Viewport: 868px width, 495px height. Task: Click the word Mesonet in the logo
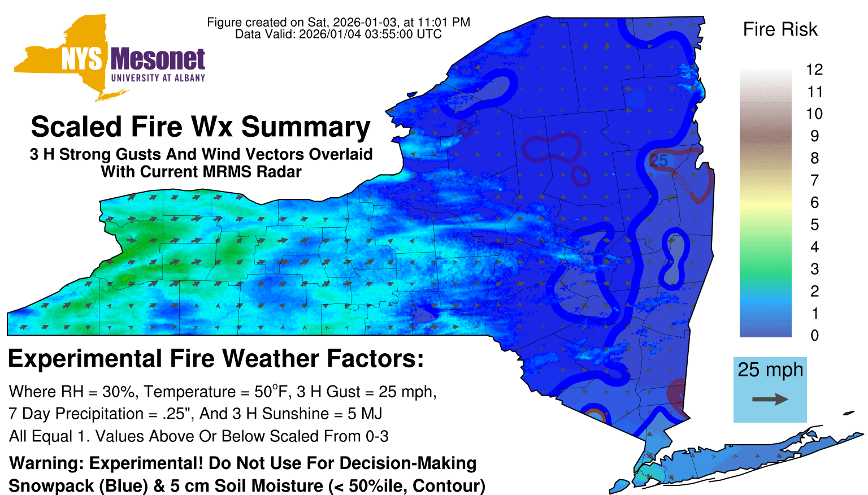(x=158, y=59)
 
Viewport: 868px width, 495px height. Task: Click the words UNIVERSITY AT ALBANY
(x=158, y=78)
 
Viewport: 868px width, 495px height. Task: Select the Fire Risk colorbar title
(x=780, y=29)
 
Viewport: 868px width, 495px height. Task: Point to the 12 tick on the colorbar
(x=814, y=70)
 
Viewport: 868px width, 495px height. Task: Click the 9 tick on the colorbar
(x=814, y=136)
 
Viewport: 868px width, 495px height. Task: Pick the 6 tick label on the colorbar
(x=814, y=202)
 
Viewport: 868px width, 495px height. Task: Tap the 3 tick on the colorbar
(x=814, y=269)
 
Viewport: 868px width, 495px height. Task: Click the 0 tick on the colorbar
(x=814, y=336)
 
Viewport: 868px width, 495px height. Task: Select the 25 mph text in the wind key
(x=770, y=370)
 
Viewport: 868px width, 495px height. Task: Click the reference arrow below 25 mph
(x=770, y=400)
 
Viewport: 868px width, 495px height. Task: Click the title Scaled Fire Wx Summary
(x=201, y=127)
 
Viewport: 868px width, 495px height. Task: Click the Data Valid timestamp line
(x=338, y=34)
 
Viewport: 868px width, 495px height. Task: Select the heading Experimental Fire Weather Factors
(x=216, y=358)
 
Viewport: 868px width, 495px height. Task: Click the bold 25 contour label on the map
(x=658, y=160)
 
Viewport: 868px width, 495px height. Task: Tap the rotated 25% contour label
(x=683, y=183)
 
